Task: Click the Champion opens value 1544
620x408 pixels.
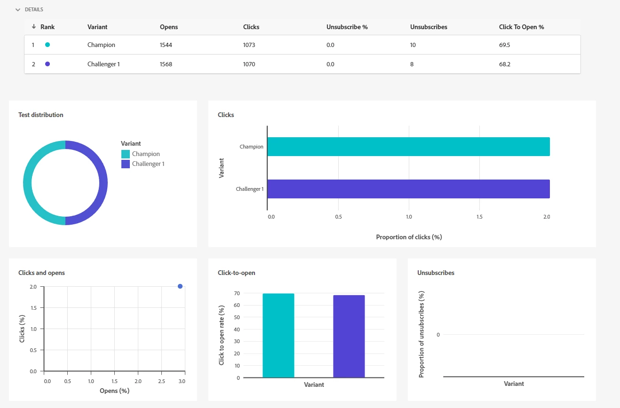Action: click(166, 45)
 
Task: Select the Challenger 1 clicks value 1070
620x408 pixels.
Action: click(249, 64)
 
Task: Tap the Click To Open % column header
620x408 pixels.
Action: click(521, 27)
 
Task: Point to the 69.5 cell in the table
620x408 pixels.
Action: click(504, 45)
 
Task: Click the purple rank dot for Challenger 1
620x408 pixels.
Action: click(48, 64)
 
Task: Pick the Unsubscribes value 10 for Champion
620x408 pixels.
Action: click(413, 45)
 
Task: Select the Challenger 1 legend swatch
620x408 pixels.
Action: click(126, 164)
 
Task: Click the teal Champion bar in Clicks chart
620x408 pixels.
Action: click(408, 147)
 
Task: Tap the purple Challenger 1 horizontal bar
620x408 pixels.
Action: click(408, 189)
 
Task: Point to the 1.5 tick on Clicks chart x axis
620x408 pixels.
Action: click(479, 217)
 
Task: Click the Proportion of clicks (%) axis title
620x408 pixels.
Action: click(409, 237)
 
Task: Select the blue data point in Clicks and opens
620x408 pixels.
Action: click(180, 286)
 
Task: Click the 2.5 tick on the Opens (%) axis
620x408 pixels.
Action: click(161, 381)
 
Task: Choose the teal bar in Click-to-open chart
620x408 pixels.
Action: click(278, 336)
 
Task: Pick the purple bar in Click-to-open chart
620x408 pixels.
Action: click(349, 337)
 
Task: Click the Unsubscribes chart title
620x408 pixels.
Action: click(436, 273)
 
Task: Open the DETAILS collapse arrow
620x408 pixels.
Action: click(18, 9)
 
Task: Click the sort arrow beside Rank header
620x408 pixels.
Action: click(34, 27)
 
